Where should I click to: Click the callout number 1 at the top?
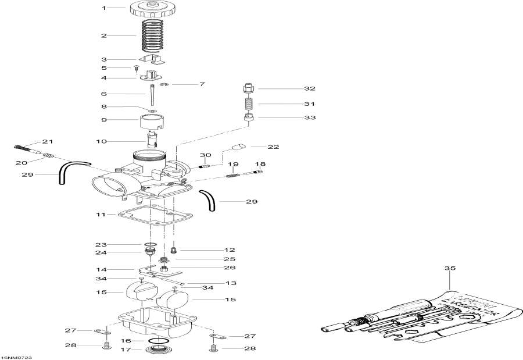(x=105, y=8)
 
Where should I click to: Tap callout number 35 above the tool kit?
(x=447, y=269)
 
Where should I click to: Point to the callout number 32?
(x=309, y=89)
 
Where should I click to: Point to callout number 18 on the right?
(x=260, y=165)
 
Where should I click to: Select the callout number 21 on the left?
(x=47, y=142)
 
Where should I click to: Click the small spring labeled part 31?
(x=249, y=104)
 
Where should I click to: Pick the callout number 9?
(x=105, y=120)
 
